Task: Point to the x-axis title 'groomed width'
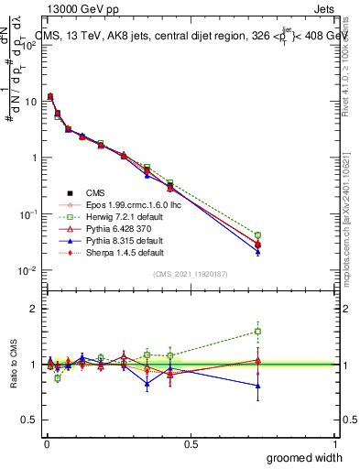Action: click(x=305, y=457)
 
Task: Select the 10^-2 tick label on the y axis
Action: click(x=27, y=270)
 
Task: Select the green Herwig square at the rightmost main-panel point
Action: click(x=258, y=235)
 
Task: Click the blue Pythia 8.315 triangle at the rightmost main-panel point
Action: click(x=258, y=251)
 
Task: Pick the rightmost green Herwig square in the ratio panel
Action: click(x=258, y=331)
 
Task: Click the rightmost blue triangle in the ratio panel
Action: click(x=258, y=386)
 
